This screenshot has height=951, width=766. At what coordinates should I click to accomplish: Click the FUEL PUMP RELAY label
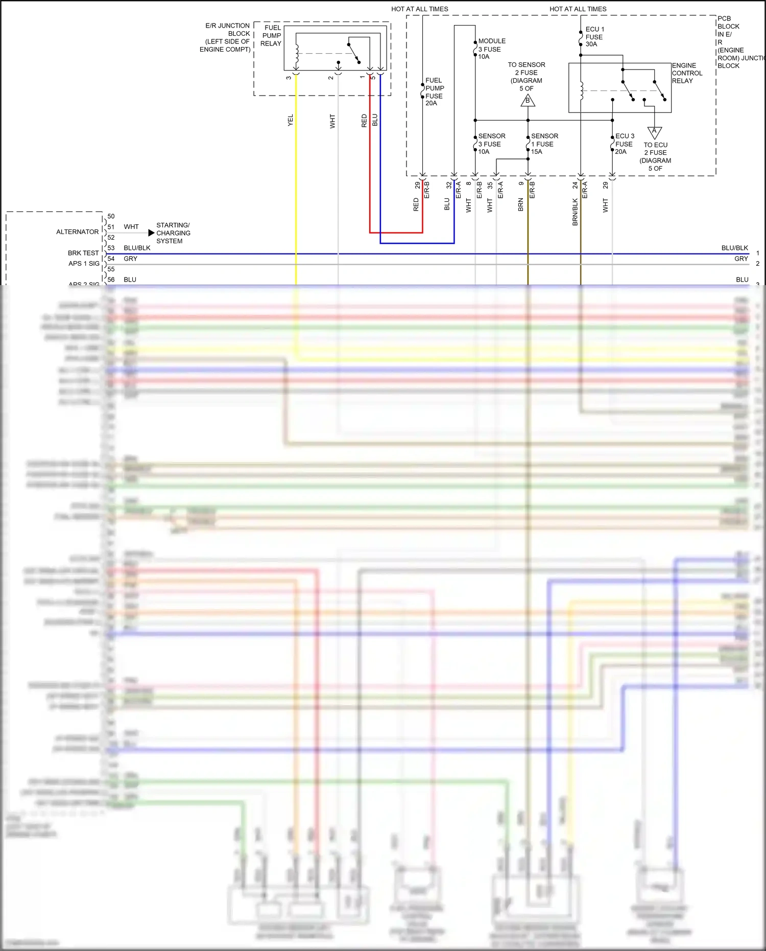[x=271, y=36]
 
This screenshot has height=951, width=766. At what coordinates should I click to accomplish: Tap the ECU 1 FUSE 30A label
[x=594, y=37]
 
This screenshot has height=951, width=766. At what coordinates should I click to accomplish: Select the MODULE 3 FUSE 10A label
[x=491, y=49]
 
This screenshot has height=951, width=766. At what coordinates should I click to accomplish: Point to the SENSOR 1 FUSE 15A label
[x=544, y=144]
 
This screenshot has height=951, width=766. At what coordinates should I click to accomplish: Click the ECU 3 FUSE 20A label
[x=624, y=144]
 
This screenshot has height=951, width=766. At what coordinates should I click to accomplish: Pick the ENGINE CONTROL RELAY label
[x=686, y=73]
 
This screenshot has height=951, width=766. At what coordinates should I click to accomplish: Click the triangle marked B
[x=528, y=101]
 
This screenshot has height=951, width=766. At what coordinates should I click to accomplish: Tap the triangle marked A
[x=654, y=132]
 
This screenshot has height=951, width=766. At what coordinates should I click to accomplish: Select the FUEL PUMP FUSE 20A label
[x=434, y=91]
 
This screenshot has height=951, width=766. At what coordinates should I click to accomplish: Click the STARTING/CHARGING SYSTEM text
[x=173, y=233]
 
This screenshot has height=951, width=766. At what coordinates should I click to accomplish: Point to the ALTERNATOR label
[x=77, y=232]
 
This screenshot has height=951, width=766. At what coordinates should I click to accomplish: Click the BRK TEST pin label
[x=83, y=253]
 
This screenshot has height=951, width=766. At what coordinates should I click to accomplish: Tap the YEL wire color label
[x=291, y=121]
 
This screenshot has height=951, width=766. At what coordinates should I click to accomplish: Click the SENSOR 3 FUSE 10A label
[x=491, y=144]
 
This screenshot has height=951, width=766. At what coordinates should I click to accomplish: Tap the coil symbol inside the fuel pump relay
[x=296, y=55]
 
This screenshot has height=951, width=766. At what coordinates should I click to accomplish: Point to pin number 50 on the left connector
[x=111, y=216]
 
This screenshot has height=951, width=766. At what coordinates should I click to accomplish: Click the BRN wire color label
[x=520, y=204]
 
